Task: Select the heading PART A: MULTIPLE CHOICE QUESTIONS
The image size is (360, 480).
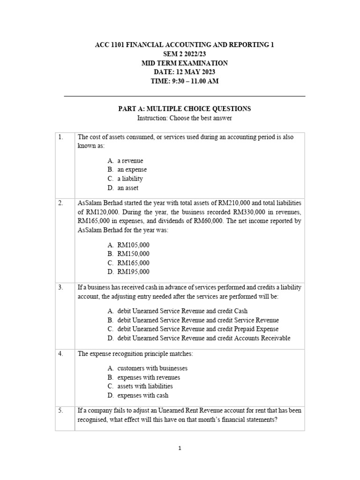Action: pos(184,109)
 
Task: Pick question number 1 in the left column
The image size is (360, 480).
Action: pos(60,137)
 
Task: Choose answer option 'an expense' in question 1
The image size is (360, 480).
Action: pos(132,170)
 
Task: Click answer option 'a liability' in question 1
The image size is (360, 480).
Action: pos(130,179)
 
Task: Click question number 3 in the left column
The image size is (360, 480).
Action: pos(60,287)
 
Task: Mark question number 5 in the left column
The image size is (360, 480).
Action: pos(60,411)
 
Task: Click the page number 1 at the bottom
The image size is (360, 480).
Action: pos(180,448)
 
